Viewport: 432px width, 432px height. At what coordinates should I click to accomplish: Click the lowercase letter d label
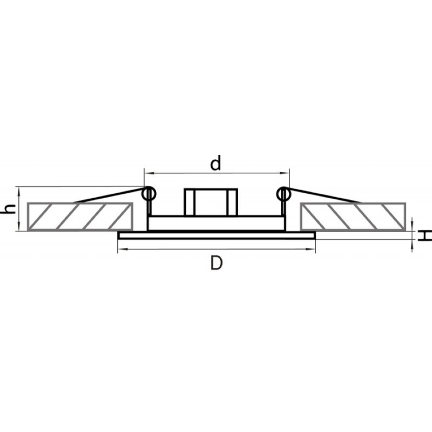click(215, 163)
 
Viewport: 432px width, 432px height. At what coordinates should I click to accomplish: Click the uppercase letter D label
click(217, 263)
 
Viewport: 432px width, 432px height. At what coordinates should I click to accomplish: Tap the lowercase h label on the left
click(9, 209)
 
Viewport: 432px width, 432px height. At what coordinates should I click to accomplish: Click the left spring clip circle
click(149, 194)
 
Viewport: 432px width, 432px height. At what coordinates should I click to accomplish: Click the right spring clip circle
click(283, 194)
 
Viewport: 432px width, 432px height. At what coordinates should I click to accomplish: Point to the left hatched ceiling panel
click(80, 217)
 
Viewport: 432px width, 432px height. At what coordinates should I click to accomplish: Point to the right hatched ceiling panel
click(353, 217)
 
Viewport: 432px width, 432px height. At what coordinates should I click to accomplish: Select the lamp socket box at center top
click(211, 202)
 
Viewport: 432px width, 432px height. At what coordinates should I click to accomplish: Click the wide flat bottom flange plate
click(217, 235)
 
